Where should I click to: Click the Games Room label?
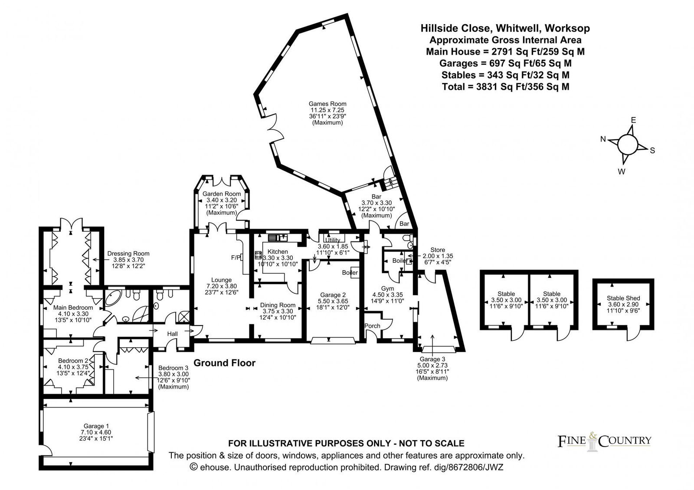point(327,104)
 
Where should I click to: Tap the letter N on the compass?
point(603,139)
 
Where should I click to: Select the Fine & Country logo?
point(604,441)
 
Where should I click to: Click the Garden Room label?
point(222,194)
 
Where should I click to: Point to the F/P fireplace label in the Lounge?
point(236,258)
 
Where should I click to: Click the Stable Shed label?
point(623,298)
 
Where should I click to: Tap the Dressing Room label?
point(128,253)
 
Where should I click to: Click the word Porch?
point(372,326)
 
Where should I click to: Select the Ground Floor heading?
point(224,363)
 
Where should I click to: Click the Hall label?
point(172,333)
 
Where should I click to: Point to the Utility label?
point(333,240)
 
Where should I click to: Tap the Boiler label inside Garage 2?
point(350,273)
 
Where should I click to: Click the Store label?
point(438,250)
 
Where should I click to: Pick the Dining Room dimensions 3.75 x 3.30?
point(278,311)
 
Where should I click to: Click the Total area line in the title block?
point(505,87)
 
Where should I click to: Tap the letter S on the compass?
point(652,150)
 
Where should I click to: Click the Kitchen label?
point(278,252)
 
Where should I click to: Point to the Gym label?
point(387,288)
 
